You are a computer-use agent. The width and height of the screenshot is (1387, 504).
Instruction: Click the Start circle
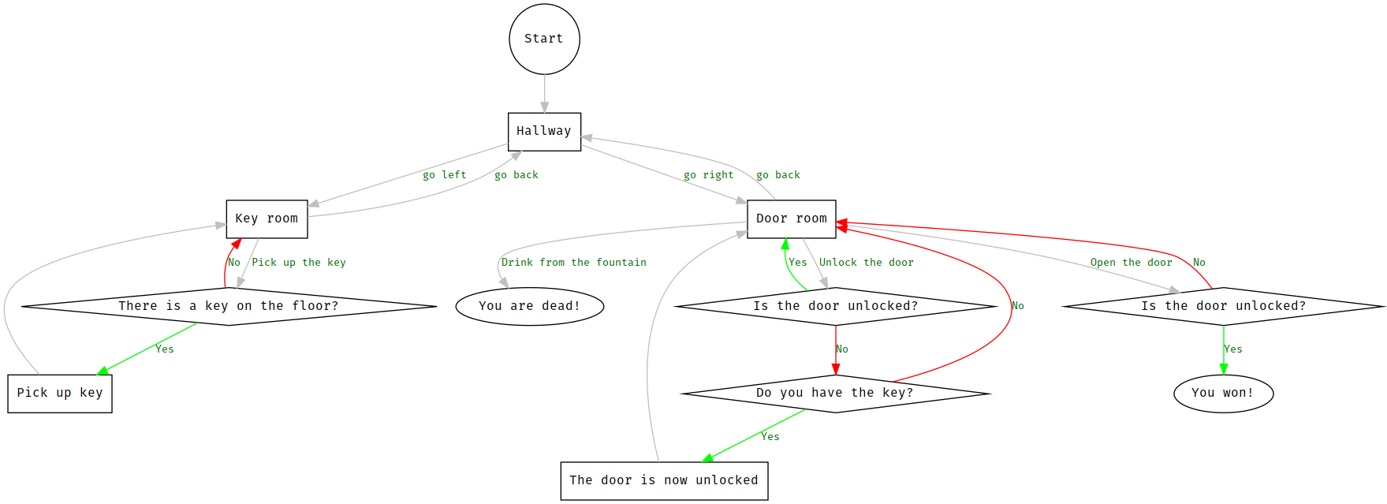[544, 39]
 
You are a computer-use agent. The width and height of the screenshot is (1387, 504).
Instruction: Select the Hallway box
[544, 131]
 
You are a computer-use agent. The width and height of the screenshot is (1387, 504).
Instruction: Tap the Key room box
[267, 218]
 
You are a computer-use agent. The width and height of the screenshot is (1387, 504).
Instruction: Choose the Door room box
[791, 218]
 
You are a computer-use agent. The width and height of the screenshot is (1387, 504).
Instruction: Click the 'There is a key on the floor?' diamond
[229, 306]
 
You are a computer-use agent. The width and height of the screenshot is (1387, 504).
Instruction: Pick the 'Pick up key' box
[60, 393]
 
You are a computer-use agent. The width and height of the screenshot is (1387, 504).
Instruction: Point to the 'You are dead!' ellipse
[529, 306]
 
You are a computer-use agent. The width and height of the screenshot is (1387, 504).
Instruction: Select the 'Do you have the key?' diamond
[835, 393]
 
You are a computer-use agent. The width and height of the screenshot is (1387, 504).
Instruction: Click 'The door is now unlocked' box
[664, 480]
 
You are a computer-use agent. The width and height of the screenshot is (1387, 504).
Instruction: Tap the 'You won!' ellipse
[1223, 393]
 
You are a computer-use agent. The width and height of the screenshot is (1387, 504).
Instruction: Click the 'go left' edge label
[444, 175]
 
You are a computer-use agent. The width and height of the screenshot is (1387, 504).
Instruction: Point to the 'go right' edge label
[708, 175]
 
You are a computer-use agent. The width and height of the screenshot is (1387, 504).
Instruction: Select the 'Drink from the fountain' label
[573, 263]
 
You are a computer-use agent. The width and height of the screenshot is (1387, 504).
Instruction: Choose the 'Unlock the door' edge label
[866, 263]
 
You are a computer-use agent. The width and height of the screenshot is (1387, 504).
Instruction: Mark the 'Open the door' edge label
[1131, 263]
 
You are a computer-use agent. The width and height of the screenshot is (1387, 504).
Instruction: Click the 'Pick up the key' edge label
[298, 263]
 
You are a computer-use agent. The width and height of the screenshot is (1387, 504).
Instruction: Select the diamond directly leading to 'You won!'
[1223, 306]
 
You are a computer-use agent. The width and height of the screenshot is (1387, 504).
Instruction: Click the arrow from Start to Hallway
[544, 94]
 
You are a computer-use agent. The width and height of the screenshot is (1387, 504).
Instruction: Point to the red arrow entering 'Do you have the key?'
[836, 351]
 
